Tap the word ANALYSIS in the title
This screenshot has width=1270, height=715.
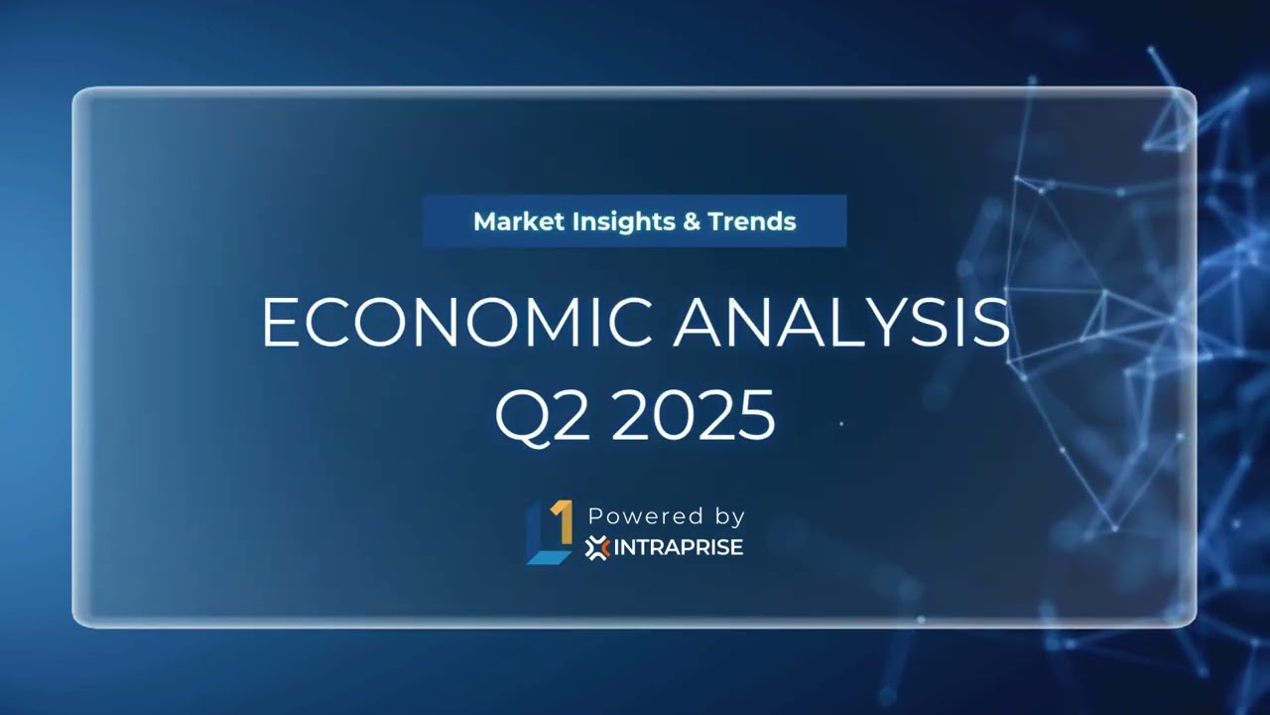(840, 322)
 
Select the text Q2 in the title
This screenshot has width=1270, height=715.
(543, 415)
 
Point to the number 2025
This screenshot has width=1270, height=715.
(693, 415)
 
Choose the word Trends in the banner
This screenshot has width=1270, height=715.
(752, 220)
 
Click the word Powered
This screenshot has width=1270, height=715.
(632, 516)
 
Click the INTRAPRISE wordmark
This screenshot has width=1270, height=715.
(678, 547)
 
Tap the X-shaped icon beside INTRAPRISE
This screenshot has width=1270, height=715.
(596, 547)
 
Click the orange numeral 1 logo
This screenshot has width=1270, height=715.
(562, 520)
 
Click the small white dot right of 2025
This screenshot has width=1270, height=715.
(841, 424)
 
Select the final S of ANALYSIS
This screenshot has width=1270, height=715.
(990, 322)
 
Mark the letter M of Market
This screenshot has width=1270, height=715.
(485, 220)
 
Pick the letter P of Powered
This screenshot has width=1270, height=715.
(595, 516)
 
